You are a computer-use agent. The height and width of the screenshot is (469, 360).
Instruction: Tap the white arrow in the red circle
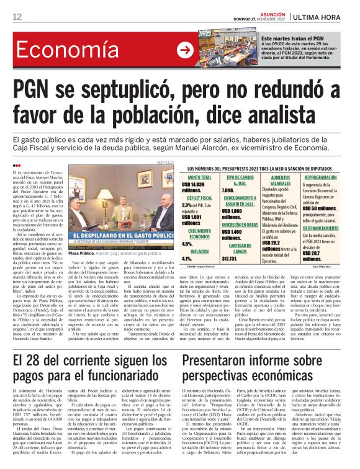tap(184, 50)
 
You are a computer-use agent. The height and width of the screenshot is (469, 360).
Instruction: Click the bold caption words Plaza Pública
tap(83, 254)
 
